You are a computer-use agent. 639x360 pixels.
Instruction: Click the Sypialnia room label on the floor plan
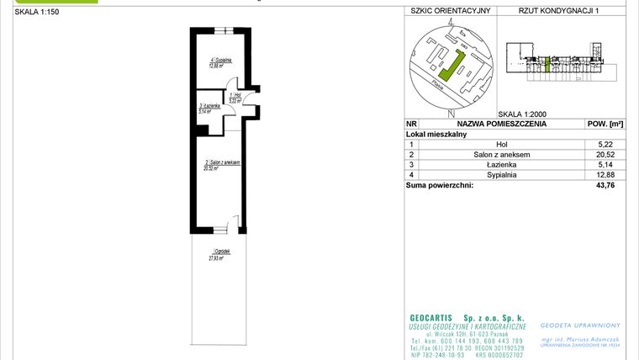point(221,61)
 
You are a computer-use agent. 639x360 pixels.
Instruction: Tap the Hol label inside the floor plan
point(236,95)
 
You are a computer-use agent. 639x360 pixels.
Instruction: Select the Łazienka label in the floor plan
point(209,106)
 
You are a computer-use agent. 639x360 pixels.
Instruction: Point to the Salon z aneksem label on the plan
point(222,162)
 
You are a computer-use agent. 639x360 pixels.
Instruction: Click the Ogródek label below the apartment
point(221,251)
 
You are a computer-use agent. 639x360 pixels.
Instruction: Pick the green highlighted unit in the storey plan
point(548,64)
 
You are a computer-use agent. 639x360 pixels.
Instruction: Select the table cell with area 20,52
point(605,155)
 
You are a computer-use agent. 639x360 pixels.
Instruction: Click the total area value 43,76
point(605,186)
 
